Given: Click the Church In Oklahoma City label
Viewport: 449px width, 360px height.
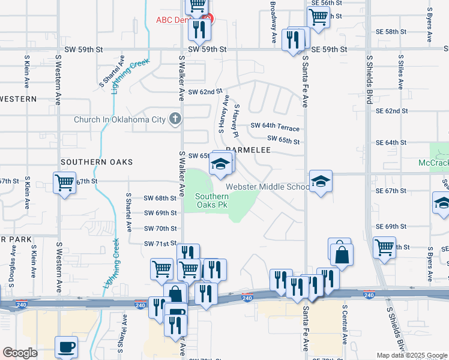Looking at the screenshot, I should pos(119,119).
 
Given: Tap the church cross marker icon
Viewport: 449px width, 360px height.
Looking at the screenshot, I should pos(175,118).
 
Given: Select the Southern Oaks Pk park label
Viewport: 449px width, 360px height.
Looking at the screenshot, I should pos(211,200).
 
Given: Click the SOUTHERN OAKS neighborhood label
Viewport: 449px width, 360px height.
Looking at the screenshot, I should pos(96,162).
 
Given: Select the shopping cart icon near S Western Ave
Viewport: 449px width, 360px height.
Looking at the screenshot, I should pos(64,182).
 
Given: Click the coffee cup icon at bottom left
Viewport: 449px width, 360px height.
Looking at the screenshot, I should pos(66,346).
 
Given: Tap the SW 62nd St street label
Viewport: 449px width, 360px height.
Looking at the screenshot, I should pos(205,92).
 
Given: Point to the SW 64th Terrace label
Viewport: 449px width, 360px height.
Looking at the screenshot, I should pos(274,126).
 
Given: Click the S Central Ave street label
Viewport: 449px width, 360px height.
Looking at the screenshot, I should pos(345,325).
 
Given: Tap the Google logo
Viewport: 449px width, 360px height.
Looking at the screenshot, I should pos(20,353).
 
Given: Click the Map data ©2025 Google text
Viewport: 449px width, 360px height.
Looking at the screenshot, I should pos(411,355).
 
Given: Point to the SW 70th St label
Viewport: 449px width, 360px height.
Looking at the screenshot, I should pos(160,229).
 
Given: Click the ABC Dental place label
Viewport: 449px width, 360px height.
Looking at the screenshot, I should pos(172,20).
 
